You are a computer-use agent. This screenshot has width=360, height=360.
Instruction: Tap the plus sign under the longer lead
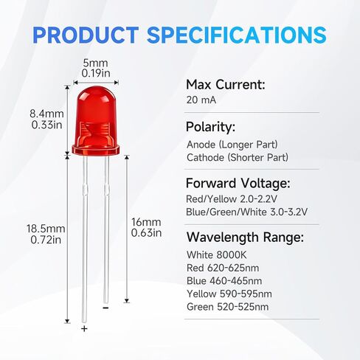[83, 329]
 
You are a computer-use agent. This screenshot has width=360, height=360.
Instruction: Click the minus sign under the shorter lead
[105, 309]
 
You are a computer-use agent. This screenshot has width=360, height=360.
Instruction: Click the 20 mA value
[201, 100]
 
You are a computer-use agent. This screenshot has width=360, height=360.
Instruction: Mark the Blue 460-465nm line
[224, 280]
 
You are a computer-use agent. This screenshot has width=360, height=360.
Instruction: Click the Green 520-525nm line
[228, 307]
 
